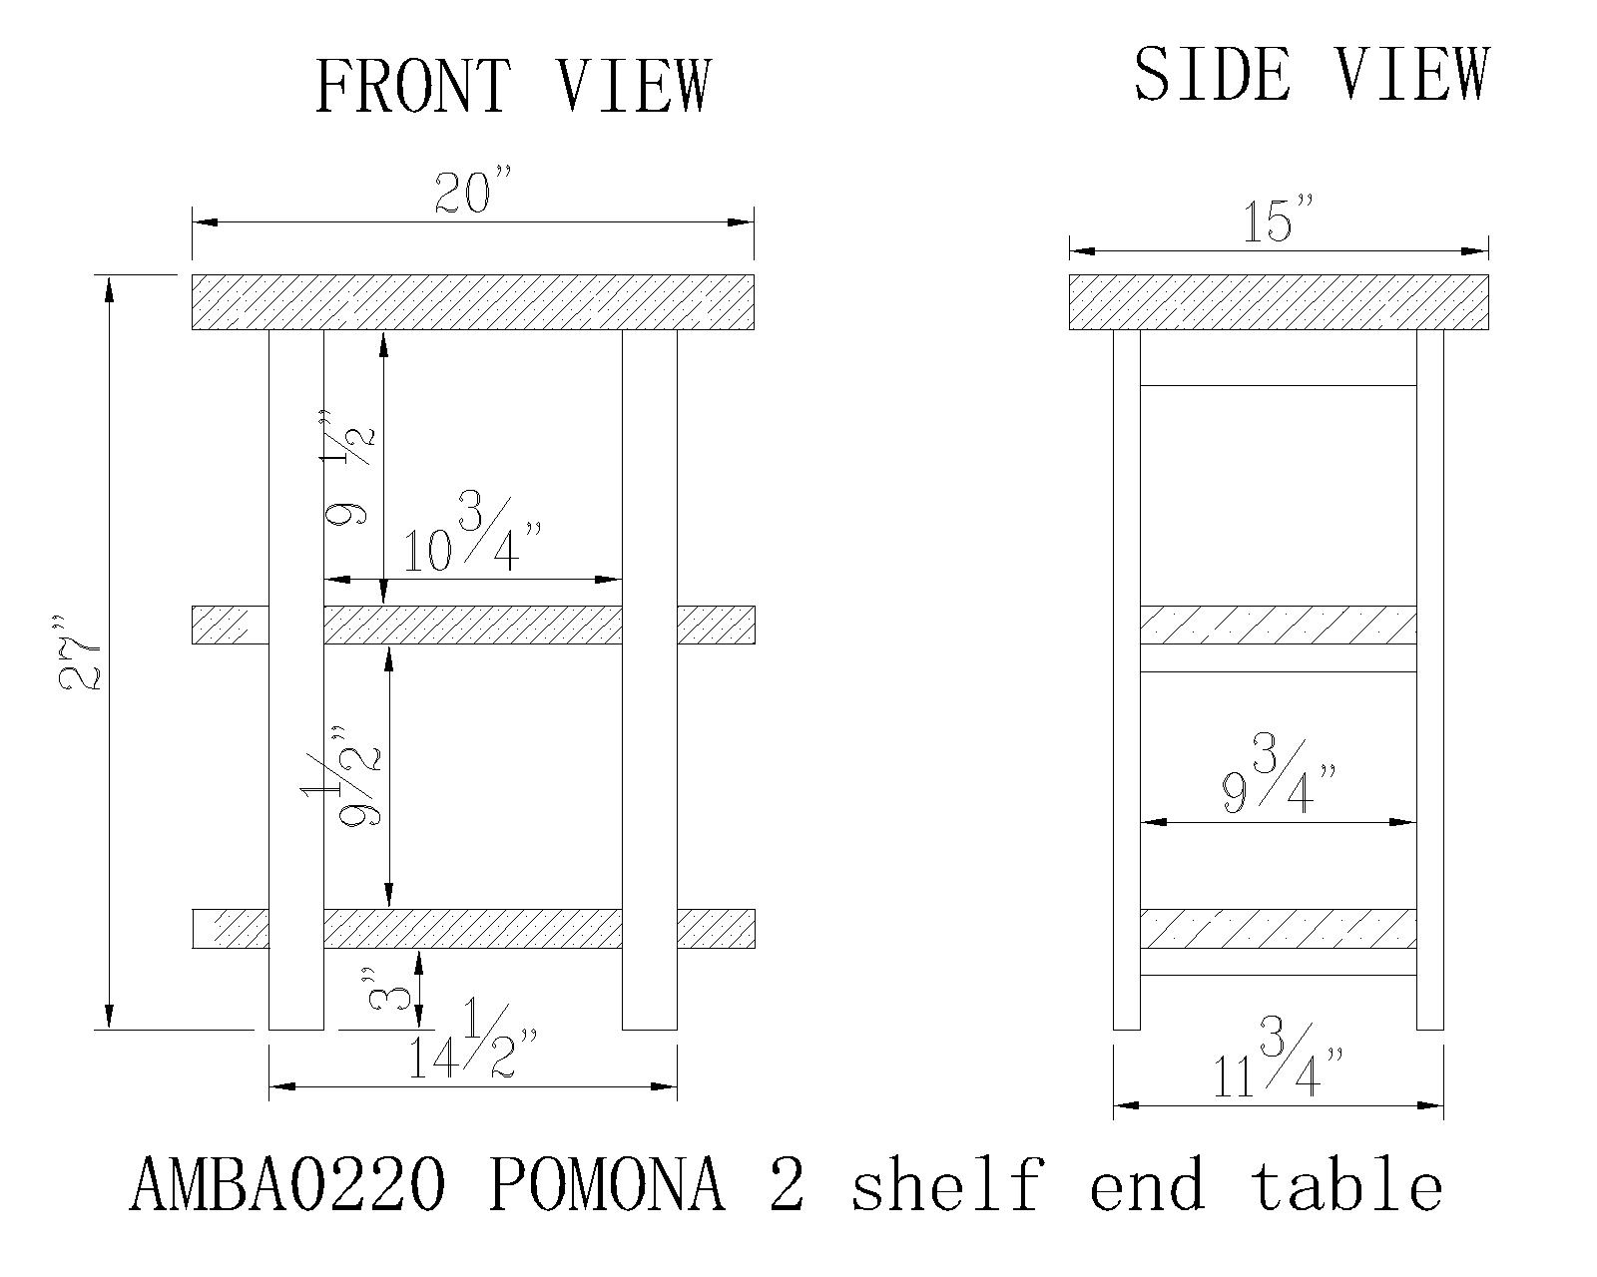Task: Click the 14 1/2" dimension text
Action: click(x=472, y=1039)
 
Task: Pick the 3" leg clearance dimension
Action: click(x=387, y=988)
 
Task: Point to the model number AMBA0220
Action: click(x=287, y=1186)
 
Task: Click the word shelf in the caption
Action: click(x=947, y=1184)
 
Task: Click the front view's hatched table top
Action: click(x=473, y=302)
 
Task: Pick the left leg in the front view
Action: click(x=296, y=679)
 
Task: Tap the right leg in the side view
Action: click(x=1430, y=679)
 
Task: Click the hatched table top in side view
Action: click(x=1279, y=302)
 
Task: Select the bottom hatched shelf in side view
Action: click(x=1278, y=928)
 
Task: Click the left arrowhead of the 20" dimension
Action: click(x=205, y=221)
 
